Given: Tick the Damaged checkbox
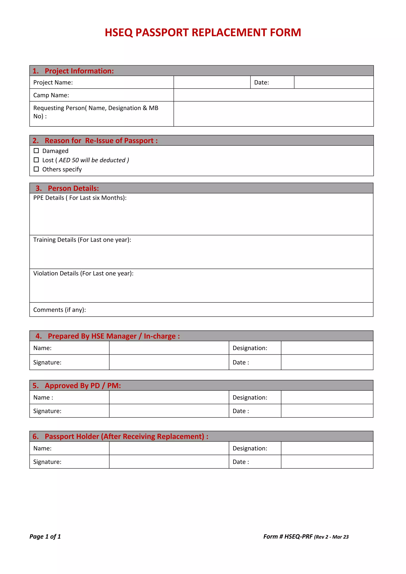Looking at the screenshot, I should click(x=36, y=151).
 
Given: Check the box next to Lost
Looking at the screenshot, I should click(x=36, y=160).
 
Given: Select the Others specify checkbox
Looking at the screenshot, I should click(x=36, y=169).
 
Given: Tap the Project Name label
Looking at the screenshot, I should click(x=53, y=82).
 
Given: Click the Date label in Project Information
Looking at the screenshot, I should click(x=261, y=82).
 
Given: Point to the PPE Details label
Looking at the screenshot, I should click(x=80, y=198).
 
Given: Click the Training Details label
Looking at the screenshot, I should click(x=82, y=240).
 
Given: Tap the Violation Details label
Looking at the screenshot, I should click(x=83, y=274).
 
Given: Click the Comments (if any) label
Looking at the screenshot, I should click(x=59, y=310).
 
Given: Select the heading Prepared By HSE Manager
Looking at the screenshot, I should click(x=114, y=336).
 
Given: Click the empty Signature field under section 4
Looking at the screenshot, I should click(x=169, y=363).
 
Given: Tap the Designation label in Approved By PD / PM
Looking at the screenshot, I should click(x=250, y=398).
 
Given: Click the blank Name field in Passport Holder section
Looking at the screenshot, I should click(x=169, y=449).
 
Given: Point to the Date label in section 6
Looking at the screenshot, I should click(x=240, y=462).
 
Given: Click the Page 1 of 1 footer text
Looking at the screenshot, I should click(x=45, y=537).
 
